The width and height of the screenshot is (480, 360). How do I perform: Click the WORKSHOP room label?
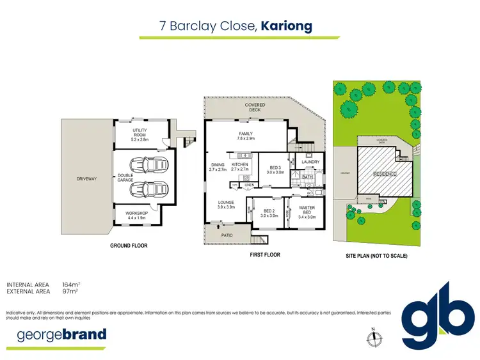pyautogui.click(x=137, y=215)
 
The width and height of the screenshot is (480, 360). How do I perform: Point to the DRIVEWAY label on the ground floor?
pyautogui.click(x=86, y=178)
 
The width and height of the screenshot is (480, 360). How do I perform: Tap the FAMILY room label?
pyautogui.click(x=246, y=136)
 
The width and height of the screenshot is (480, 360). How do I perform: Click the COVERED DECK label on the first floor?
pyautogui.click(x=255, y=107)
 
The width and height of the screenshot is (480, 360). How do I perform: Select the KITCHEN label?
pyautogui.click(x=239, y=167)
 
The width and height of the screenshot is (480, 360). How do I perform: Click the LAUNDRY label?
pyautogui.click(x=310, y=162)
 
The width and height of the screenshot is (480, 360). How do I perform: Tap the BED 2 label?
pyautogui.click(x=268, y=213)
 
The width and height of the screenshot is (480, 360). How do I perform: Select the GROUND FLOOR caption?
pyautogui.click(x=129, y=246)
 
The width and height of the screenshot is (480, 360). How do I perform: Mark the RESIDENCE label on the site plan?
pyautogui.click(x=384, y=174)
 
